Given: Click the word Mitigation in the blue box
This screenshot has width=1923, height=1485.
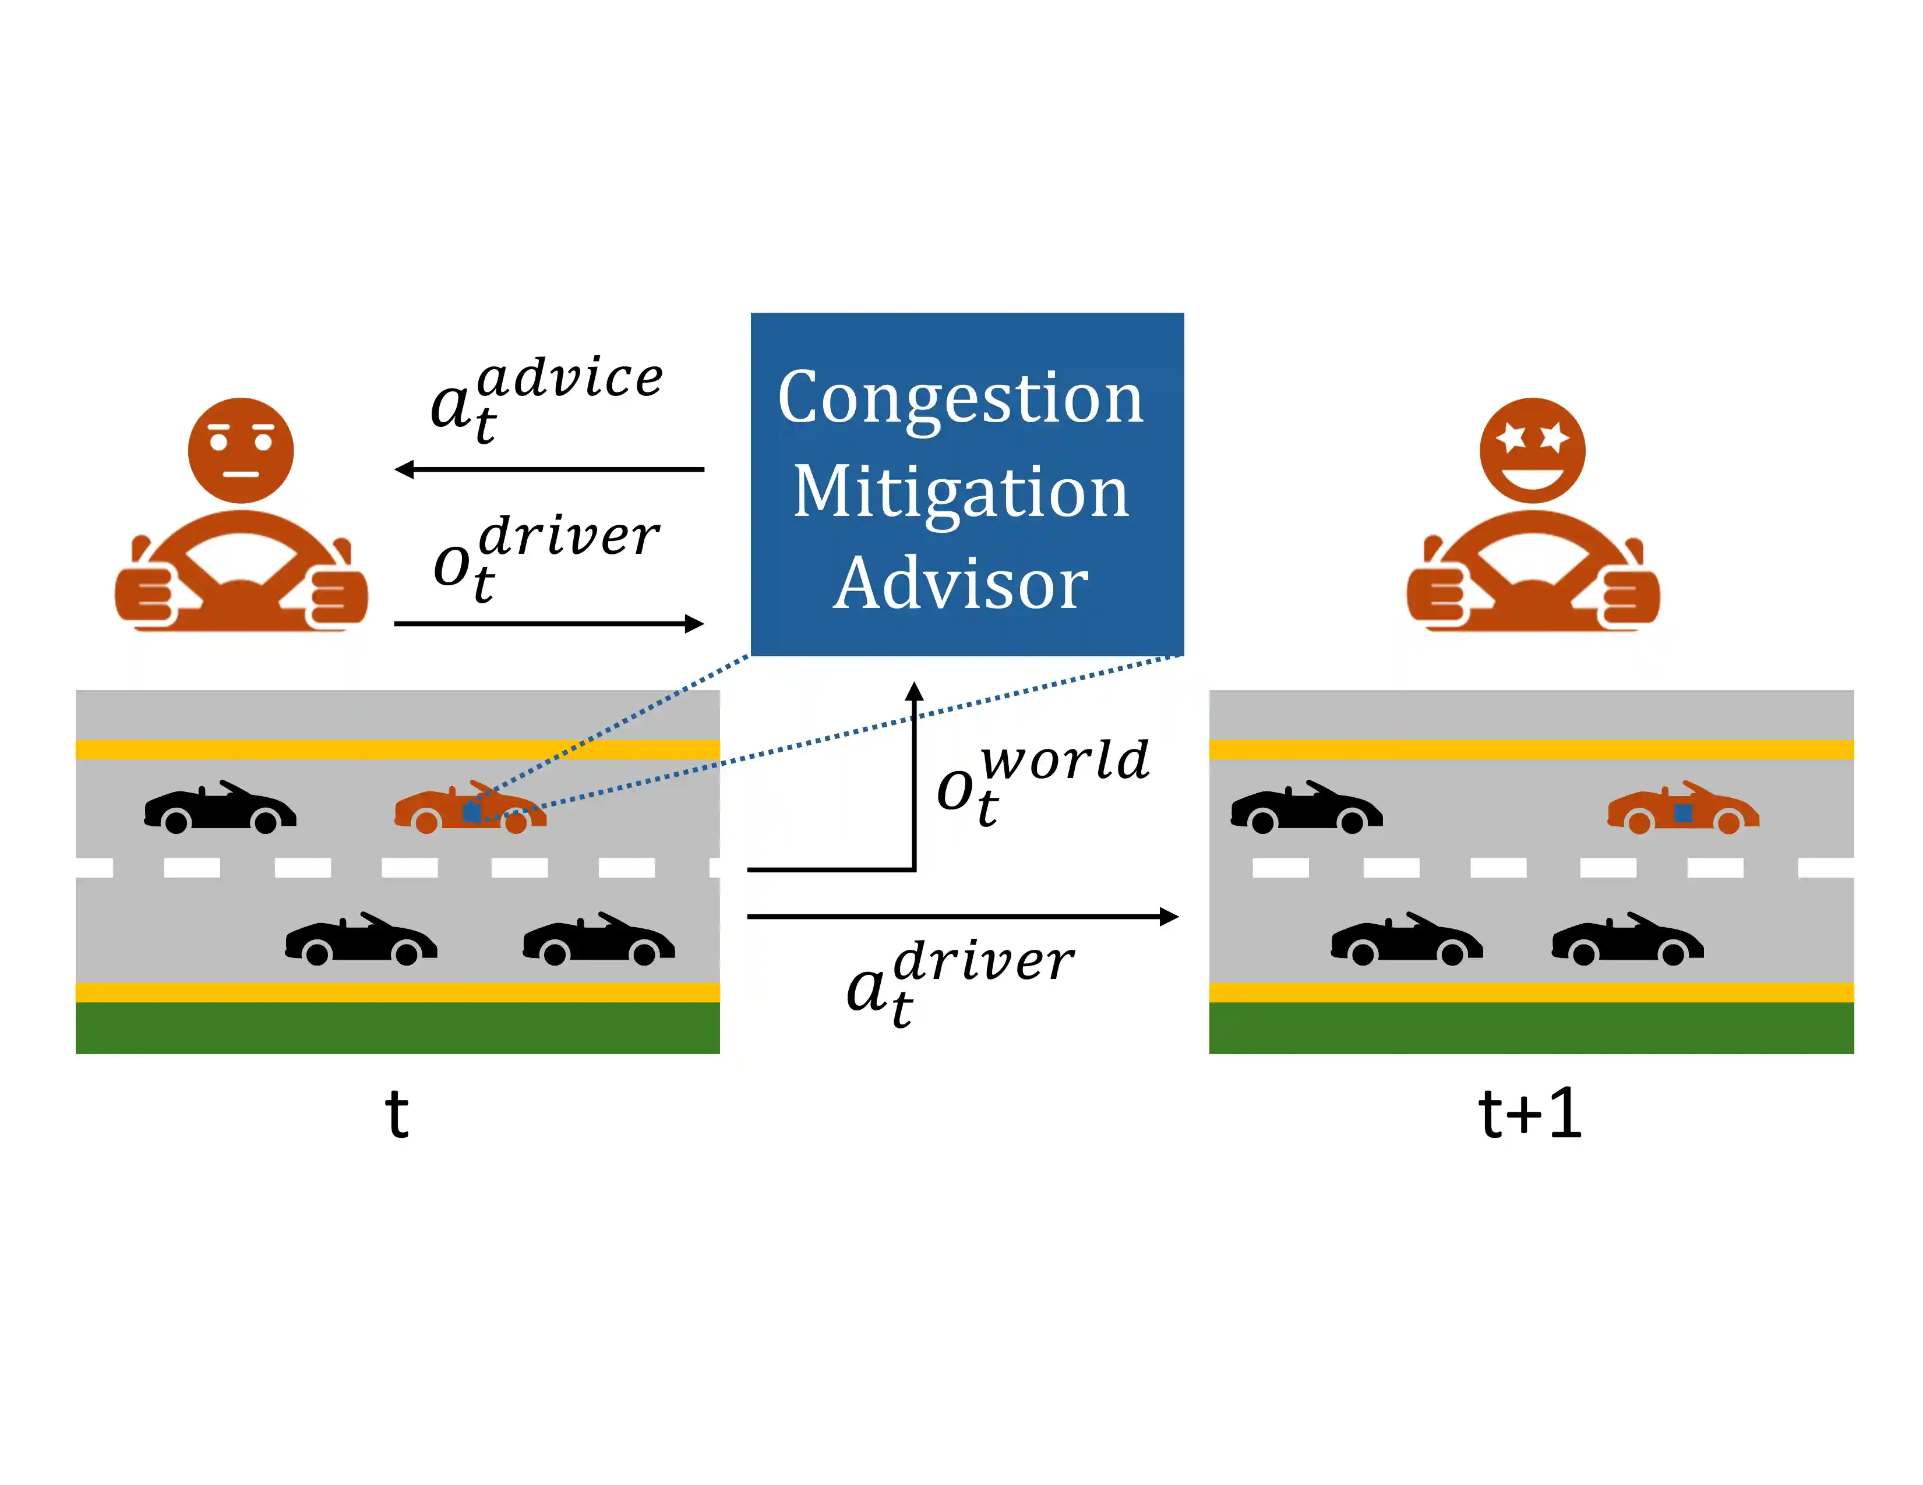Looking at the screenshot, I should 961,492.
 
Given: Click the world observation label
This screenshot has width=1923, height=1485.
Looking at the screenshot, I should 1043,780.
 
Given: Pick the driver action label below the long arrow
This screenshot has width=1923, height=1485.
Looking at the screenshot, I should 959,981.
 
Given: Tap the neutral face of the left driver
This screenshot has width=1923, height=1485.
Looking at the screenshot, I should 241,451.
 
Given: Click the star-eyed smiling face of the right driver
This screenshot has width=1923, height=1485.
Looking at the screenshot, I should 1532,451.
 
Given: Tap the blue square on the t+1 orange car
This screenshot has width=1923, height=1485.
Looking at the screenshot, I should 1682,812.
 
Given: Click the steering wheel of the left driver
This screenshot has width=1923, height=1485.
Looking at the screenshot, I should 241,568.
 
